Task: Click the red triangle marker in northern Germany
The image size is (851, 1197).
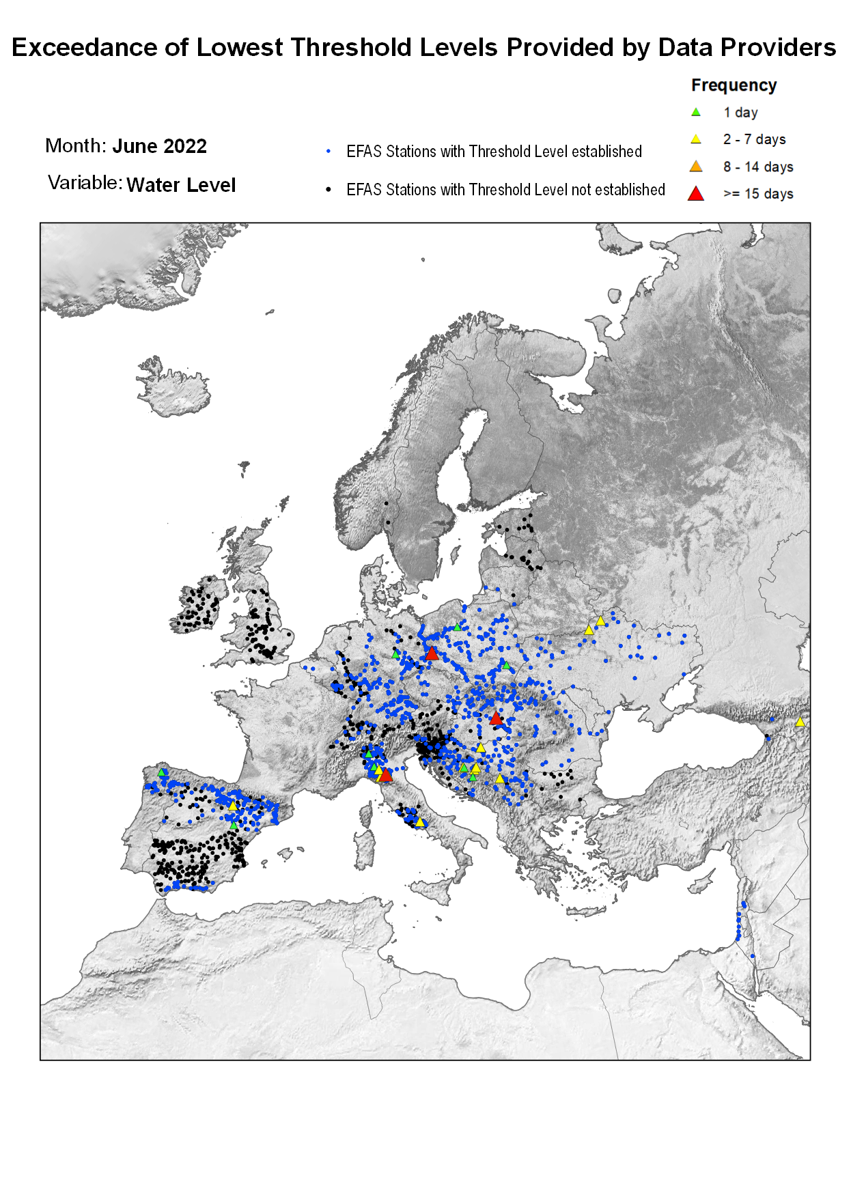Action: tap(431, 654)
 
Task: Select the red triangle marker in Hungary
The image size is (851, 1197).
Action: tap(496, 718)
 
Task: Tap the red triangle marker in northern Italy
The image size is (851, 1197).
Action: tap(386, 775)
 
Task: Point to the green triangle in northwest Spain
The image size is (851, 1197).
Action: tap(162, 772)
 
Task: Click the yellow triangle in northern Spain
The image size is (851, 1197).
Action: tap(233, 806)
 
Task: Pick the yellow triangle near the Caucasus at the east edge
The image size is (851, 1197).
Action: tap(800, 722)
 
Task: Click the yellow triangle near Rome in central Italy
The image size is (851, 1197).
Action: tap(420, 823)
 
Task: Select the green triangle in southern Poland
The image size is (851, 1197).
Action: tap(505, 664)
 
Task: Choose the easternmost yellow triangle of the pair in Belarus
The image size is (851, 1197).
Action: tap(600, 621)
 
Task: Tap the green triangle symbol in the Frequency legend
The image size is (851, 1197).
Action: tap(695, 112)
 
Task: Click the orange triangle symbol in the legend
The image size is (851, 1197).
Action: tap(695, 167)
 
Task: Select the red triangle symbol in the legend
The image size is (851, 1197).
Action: tap(695, 194)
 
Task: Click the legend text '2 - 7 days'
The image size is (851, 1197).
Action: tap(754, 139)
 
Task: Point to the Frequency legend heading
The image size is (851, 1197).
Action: tap(734, 85)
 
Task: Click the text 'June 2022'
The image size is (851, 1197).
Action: tap(159, 146)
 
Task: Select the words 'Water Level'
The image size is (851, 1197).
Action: tap(181, 185)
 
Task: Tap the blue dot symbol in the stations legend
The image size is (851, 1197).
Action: tap(329, 152)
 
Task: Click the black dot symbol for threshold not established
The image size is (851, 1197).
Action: tap(329, 190)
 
